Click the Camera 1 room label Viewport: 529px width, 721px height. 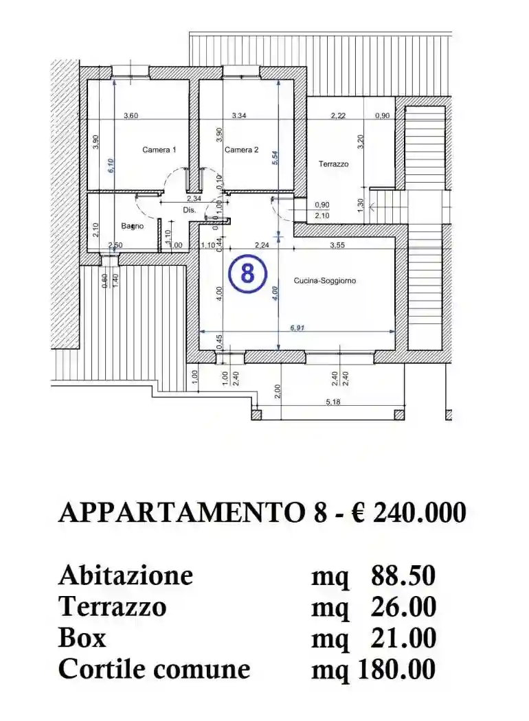[159, 150]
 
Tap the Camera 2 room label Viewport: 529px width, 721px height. [241, 150]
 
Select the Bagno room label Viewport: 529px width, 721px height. [133, 226]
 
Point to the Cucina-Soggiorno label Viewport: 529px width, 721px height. [325, 280]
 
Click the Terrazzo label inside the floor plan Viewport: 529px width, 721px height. [333, 164]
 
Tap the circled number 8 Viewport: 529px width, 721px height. [247, 273]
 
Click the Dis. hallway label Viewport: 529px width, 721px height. [190, 209]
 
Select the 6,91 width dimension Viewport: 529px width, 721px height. [297, 328]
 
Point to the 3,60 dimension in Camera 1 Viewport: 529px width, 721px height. [131, 115]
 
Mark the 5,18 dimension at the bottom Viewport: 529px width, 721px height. [334, 402]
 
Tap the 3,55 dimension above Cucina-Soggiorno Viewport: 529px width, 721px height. [337, 245]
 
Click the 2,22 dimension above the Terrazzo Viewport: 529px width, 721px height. [338, 115]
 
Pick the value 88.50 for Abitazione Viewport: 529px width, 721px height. [403, 575]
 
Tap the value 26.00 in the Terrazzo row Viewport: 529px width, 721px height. [403, 607]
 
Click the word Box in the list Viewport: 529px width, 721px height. [82, 638]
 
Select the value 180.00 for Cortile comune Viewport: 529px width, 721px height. [396, 669]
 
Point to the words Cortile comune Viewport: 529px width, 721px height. [154, 669]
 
